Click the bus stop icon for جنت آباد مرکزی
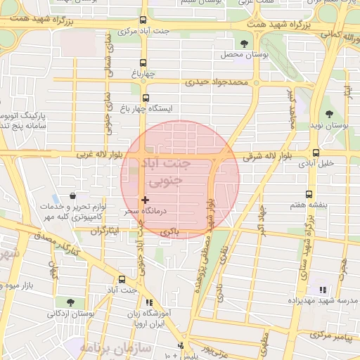[x=144, y=20]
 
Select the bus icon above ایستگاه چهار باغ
[x=146, y=98]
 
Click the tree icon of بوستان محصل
[x=244, y=44]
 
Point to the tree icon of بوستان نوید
[x=329, y=114]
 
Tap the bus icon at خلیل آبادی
[x=315, y=153]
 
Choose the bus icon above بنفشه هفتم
[x=309, y=194]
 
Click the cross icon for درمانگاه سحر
[x=146, y=200]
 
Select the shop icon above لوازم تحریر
[x=74, y=198]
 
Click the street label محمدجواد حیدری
[x=217, y=82]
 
